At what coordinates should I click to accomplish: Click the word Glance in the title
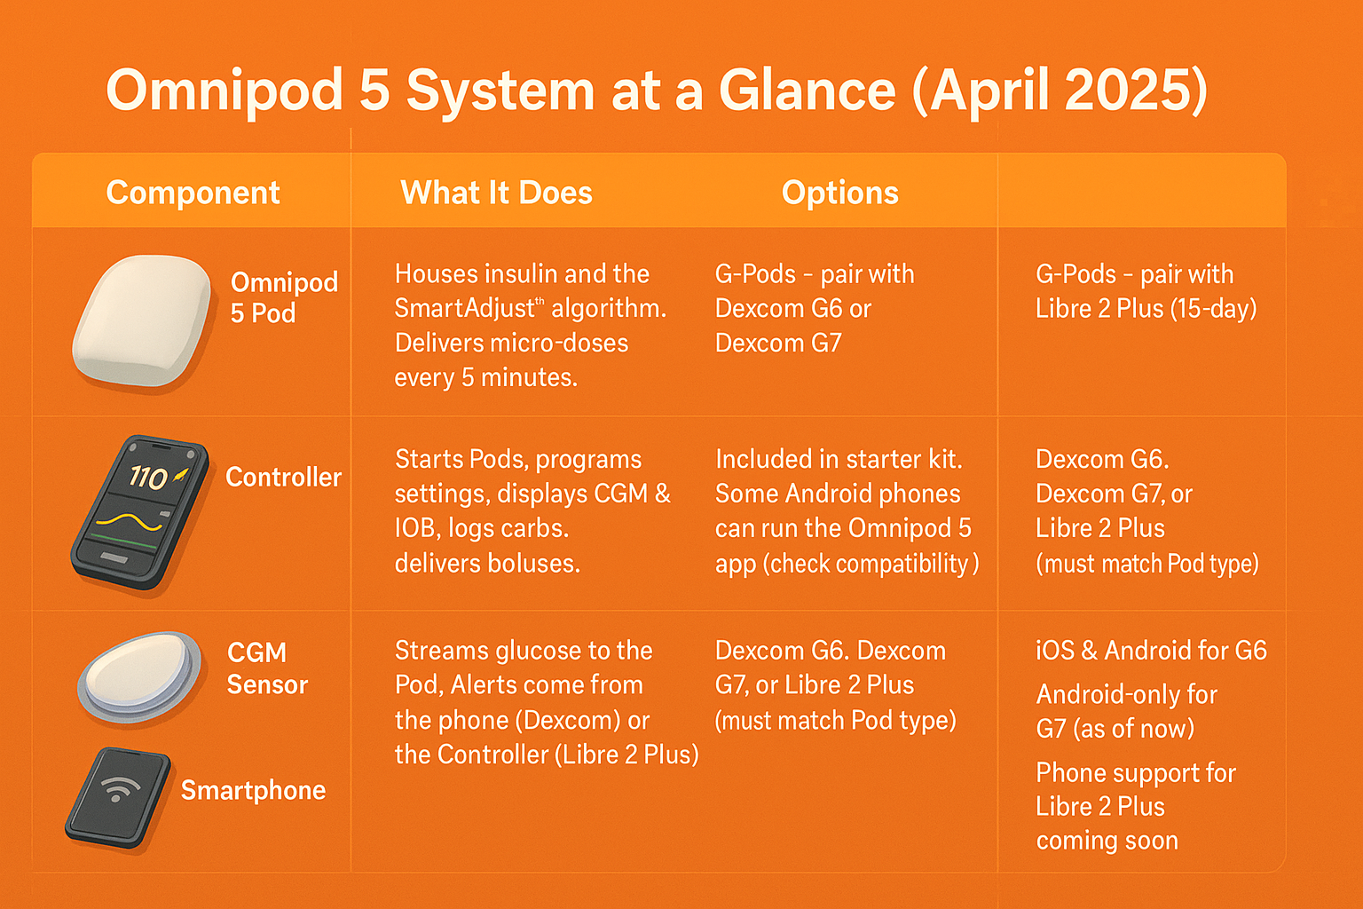pyautogui.click(x=808, y=91)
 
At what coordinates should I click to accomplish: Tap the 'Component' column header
pyautogui.click(x=193, y=193)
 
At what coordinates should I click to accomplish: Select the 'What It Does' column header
pyautogui.click(x=496, y=193)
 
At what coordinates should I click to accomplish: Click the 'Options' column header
pyautogui.click(x=839, y=193)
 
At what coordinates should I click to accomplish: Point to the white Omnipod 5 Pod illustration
pyautogui.click(x=142, y=320)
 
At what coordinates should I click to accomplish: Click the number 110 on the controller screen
pyautogui.click(x=148, y=478)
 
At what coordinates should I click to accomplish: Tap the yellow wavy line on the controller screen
pyautogui.click(x=130, y=521)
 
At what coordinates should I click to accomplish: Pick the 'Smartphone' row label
pyautogui.click(x=253, y=790)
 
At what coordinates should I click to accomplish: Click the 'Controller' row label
pyautogui.click(x=283, y=477)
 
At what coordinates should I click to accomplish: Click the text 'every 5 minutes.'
pyautogui.click(x=485, y=378)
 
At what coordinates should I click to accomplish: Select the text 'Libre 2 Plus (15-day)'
pyautogui.click(x=1146, y=309)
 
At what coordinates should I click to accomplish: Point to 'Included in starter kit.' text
pyautogui.click(x=839, y=459)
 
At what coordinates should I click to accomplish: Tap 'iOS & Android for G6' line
pyautogui.click(x=1151, y=651)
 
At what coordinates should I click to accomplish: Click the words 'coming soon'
pyautogui.click(x=1107, y=841)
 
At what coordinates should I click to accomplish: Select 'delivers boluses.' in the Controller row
pyautogui.click(x=487, y=564)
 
